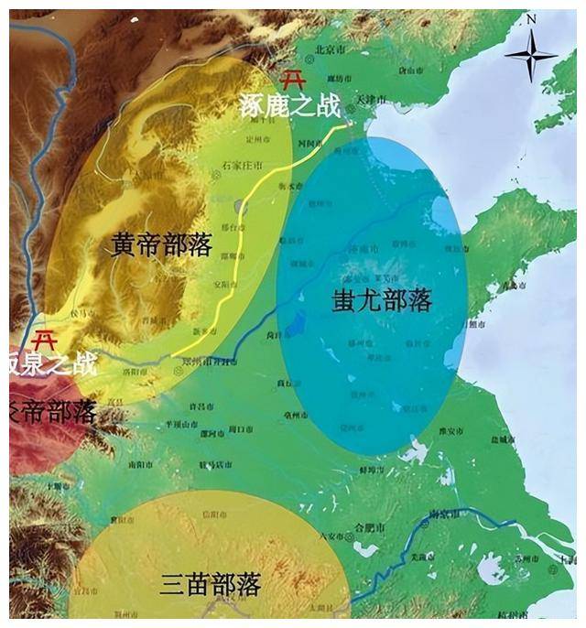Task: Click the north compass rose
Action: coord(530,57)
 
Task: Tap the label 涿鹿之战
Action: coord(289,106)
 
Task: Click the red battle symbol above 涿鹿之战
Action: coord(294,79)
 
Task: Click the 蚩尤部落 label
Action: coord(381,299)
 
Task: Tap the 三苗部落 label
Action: coord(211,584)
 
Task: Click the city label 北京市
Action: coord(329,47)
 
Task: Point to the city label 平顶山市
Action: coord(179,424)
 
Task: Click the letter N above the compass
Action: coord(530,16)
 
